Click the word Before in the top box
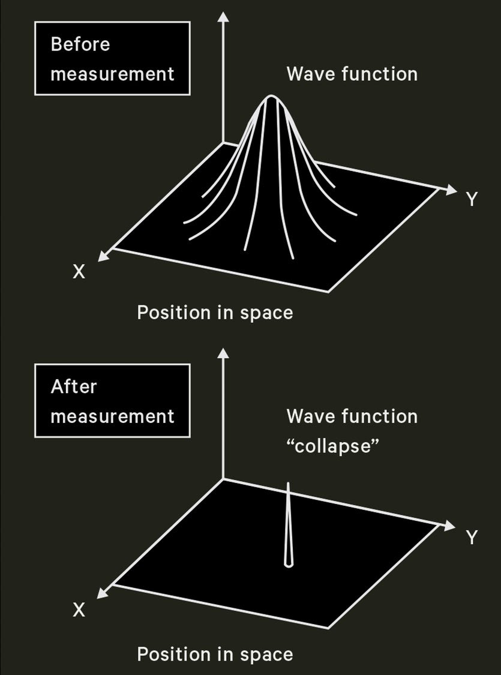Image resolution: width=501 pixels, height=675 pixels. tap(80, 44)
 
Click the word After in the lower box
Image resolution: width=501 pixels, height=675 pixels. tap(73, 386)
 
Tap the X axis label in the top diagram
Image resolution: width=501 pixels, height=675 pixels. tap(79, 272)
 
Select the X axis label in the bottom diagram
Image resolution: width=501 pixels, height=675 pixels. tap(79, 611)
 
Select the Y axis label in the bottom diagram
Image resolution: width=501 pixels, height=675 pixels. tap(472, 538)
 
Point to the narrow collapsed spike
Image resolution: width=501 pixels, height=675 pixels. tap(289, 522)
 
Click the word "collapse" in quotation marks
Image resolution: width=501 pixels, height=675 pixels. tap(334, 448)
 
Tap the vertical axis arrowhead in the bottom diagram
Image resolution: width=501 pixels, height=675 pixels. tap(223, 353)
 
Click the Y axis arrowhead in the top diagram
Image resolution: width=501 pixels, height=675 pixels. tap(451, 189)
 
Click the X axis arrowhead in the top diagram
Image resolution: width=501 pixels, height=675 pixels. tap(103, 257)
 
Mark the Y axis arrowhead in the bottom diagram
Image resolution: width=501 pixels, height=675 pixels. tap(451, 526)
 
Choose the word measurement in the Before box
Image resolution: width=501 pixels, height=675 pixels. tap(112, 74)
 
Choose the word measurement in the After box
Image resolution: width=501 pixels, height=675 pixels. tap(112, 416)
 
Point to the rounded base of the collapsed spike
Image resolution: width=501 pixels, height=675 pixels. tap(289, 563)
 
